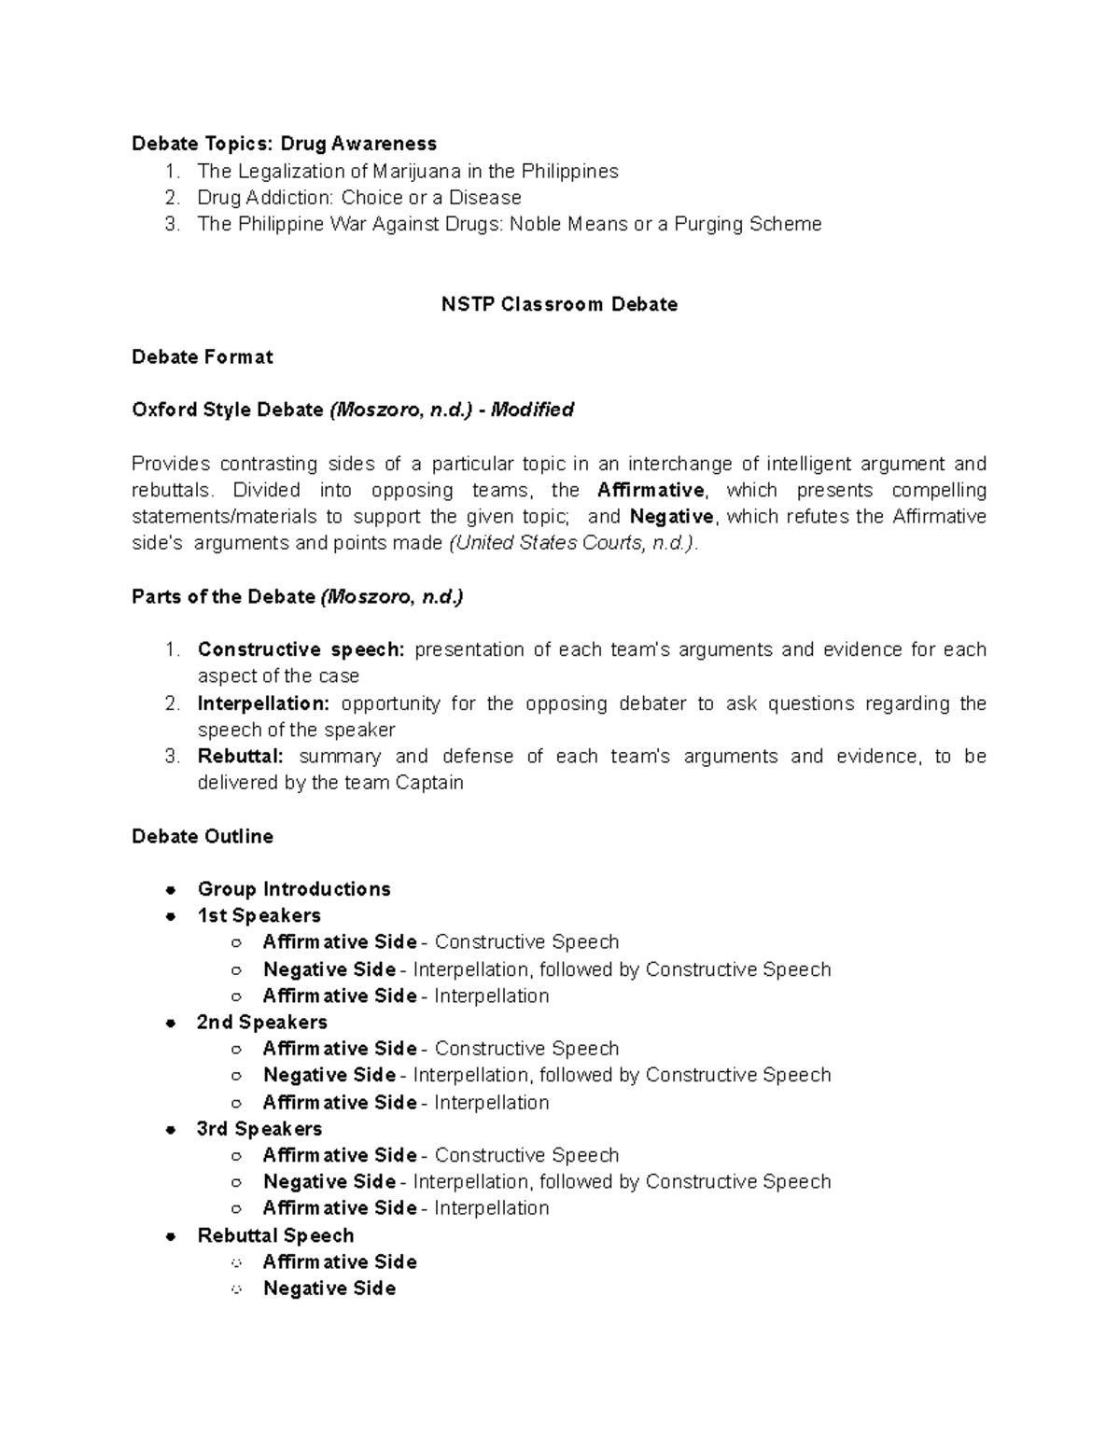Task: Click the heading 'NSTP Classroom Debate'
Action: point(559,304)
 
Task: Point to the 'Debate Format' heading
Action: point(203,356)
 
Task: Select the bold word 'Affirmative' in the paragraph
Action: point(651,490)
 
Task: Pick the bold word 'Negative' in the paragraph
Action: point(672,516)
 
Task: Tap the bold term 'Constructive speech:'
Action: point(301,649)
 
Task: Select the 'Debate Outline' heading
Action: point(203,836)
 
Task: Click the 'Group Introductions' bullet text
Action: point(294,889)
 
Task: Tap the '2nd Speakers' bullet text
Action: point(262,1022)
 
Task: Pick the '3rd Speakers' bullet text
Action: point(259,1129)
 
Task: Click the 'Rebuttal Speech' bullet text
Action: point(275,1235)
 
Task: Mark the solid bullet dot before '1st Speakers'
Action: point(171,916)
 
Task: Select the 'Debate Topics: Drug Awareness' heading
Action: point(284,144)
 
